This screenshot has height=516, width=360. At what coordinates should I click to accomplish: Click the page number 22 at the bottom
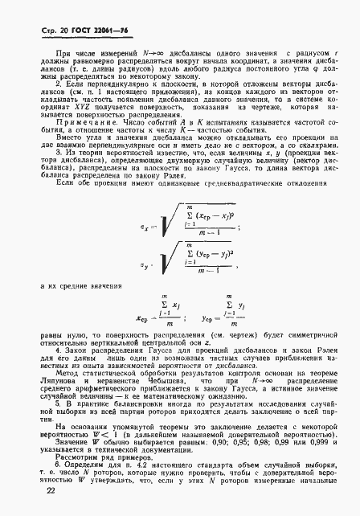tap(30, 501)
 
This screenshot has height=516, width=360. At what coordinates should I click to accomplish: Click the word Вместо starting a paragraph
tap(56, 160)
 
